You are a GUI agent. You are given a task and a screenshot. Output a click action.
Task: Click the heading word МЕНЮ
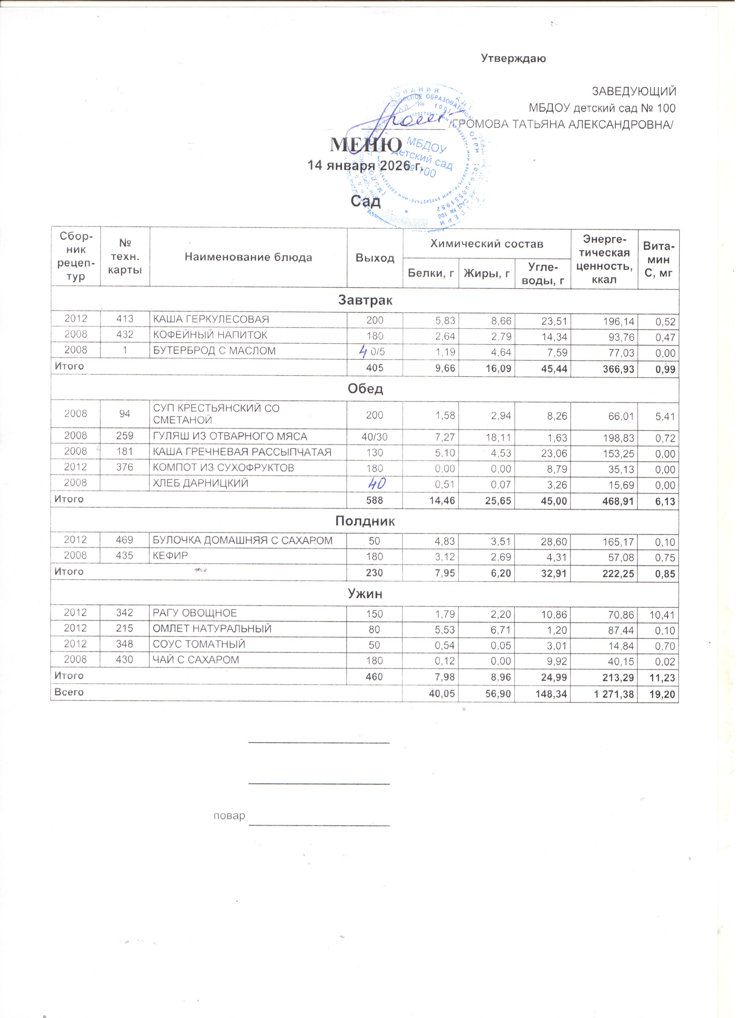[366, 145]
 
